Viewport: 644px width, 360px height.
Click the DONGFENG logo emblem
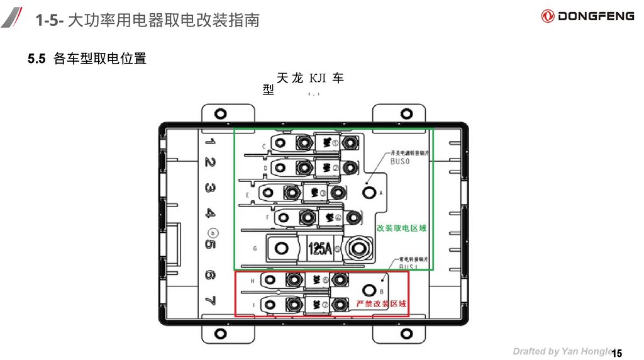(548, 16)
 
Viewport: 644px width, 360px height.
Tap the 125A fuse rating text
(319, 249)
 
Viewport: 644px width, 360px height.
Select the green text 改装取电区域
(401, 228)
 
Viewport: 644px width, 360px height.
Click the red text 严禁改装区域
(381, 304)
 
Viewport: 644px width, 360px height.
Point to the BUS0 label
(400, 161)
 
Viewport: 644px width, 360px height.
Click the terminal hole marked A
(370, 193)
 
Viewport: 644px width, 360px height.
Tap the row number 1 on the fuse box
(209, 142)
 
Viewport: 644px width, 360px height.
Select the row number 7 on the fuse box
(210, 300)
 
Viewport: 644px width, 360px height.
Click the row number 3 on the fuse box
(209, 188)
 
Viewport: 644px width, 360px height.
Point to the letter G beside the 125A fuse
(255, 249)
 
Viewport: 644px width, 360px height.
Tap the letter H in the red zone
(252, 281)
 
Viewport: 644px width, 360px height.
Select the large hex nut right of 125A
(358, 248)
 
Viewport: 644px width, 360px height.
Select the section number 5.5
(37, 59)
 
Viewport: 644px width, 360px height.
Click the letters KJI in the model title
(318, 78)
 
